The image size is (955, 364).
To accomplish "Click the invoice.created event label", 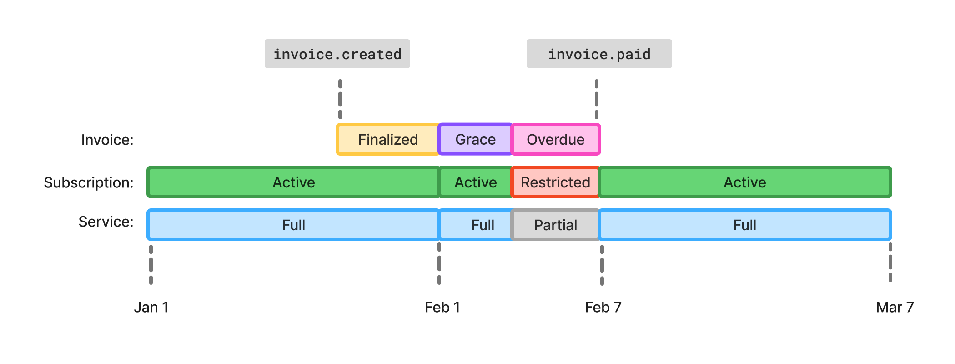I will coord(337,54).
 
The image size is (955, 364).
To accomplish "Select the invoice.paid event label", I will coord(599,54).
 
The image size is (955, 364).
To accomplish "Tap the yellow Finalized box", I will coord(387,139).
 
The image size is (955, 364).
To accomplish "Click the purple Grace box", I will coord(475,139).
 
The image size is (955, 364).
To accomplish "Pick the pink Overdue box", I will coord(555,139).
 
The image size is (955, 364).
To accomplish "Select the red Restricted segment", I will coord(555,182).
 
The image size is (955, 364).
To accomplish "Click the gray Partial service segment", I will coord(555,225).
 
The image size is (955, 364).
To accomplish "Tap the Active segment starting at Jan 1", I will coord(293,182).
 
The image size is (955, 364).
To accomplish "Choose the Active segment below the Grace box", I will coord(475,182).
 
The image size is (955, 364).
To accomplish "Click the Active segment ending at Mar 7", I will coord(744,182).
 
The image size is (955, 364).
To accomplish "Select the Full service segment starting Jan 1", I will coord(293,225).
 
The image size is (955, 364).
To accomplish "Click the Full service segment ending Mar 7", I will coord(744,225).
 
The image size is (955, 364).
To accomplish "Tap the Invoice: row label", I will coord(107,140).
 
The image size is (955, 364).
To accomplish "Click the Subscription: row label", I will coord(89,182).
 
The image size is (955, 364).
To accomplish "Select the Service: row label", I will coord(106,222).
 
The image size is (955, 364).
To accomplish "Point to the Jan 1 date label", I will coord(151,307).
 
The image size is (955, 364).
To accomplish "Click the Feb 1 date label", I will coord(442,307).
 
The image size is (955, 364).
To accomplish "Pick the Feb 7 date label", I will coord(603,307).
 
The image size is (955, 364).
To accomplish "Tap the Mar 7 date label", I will coord(895,307).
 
